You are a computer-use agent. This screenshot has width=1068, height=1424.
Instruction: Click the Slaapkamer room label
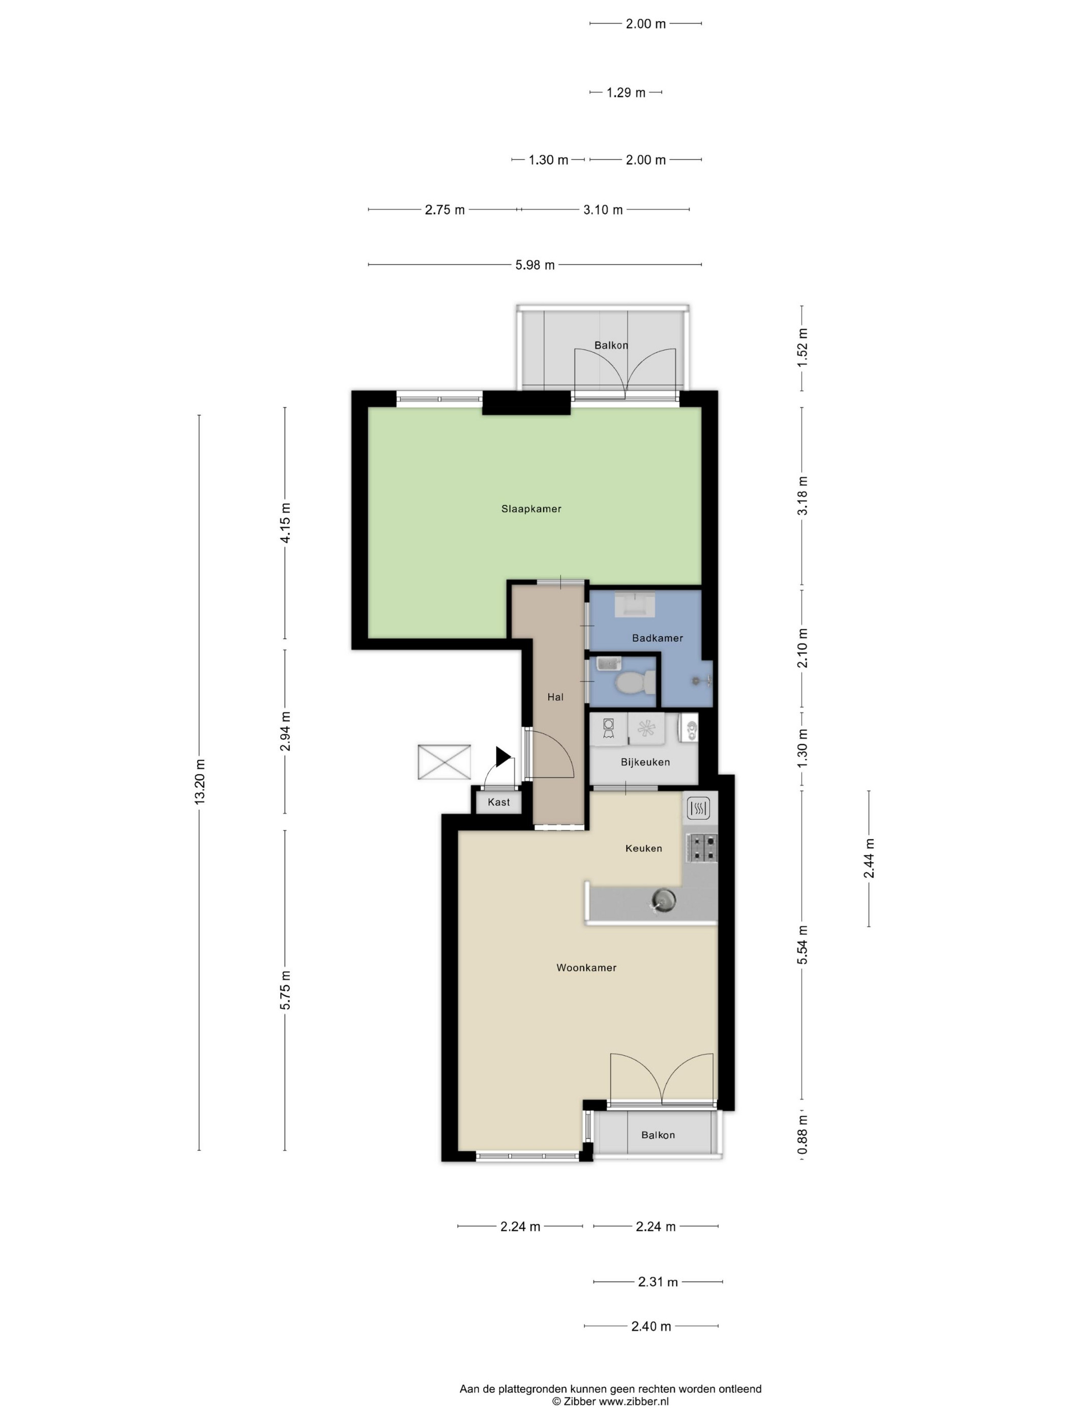[531, 509]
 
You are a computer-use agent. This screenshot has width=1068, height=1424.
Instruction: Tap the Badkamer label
[657, 638]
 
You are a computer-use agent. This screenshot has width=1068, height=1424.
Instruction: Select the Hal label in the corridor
[555, 697]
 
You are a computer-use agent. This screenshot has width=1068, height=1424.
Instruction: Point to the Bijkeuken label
[645, 761]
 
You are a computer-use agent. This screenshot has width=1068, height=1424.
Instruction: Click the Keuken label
[644, 848]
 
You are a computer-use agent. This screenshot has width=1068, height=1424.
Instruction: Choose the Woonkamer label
[586, 967]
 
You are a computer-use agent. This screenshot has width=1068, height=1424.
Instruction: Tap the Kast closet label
[499, 802]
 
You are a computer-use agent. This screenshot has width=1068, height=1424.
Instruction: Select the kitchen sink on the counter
[663, 899]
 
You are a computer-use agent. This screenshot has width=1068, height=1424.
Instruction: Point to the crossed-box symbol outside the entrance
[444, 761]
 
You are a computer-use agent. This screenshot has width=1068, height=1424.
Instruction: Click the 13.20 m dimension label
[199, 780]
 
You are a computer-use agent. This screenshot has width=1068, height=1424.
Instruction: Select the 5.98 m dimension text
[535, 264]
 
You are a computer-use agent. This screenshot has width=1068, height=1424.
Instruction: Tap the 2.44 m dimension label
[869, 858]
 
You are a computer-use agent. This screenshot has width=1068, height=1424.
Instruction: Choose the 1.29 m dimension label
[626, 93]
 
